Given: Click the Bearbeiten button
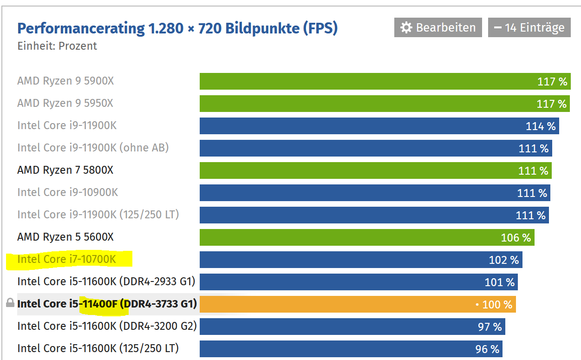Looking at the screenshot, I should [438, 27].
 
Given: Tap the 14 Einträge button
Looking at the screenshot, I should [529, 27].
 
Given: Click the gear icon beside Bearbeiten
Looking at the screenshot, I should [406, 28].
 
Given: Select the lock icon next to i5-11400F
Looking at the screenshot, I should [10, 304].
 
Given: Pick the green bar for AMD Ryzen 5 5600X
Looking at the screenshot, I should [348, 237].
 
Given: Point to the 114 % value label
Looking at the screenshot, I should [541, 126].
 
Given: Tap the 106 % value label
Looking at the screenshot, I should [516, 237].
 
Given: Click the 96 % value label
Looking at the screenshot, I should [487, 349].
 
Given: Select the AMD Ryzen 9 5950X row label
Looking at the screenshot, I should [65, 103].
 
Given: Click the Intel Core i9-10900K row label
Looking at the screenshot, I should [68, 192].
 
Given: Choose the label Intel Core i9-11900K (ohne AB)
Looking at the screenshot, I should [93, 148].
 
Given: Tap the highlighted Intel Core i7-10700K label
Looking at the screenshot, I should [66, 259].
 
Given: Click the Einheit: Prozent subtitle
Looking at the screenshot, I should [57, 46].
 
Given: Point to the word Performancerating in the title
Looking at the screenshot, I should [81, 28].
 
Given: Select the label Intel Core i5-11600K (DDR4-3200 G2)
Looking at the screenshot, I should [107, 326].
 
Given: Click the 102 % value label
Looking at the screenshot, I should [503, 260].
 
